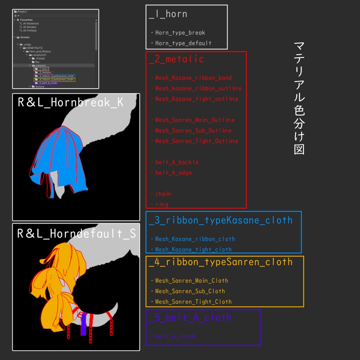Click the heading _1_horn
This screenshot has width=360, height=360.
168,14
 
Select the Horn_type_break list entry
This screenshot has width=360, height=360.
180,33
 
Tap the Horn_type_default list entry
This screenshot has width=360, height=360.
183,43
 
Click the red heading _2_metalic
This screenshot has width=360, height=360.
176,59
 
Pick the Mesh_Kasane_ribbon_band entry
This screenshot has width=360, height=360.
193,78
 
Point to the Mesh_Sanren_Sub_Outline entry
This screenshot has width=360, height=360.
193,130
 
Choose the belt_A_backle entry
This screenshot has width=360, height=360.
177,162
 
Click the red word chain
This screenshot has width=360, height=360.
163,194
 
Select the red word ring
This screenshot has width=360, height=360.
162,204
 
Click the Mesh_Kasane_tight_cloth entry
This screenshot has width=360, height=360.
193,250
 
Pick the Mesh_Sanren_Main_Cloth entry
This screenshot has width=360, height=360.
192,281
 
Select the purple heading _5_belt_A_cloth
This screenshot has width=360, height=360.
190,318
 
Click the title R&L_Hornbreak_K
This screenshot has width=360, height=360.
71,103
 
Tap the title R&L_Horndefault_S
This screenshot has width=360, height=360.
76,233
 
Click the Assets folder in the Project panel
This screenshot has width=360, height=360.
25,37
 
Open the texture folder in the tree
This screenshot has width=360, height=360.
40,86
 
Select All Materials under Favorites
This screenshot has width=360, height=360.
31,24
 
